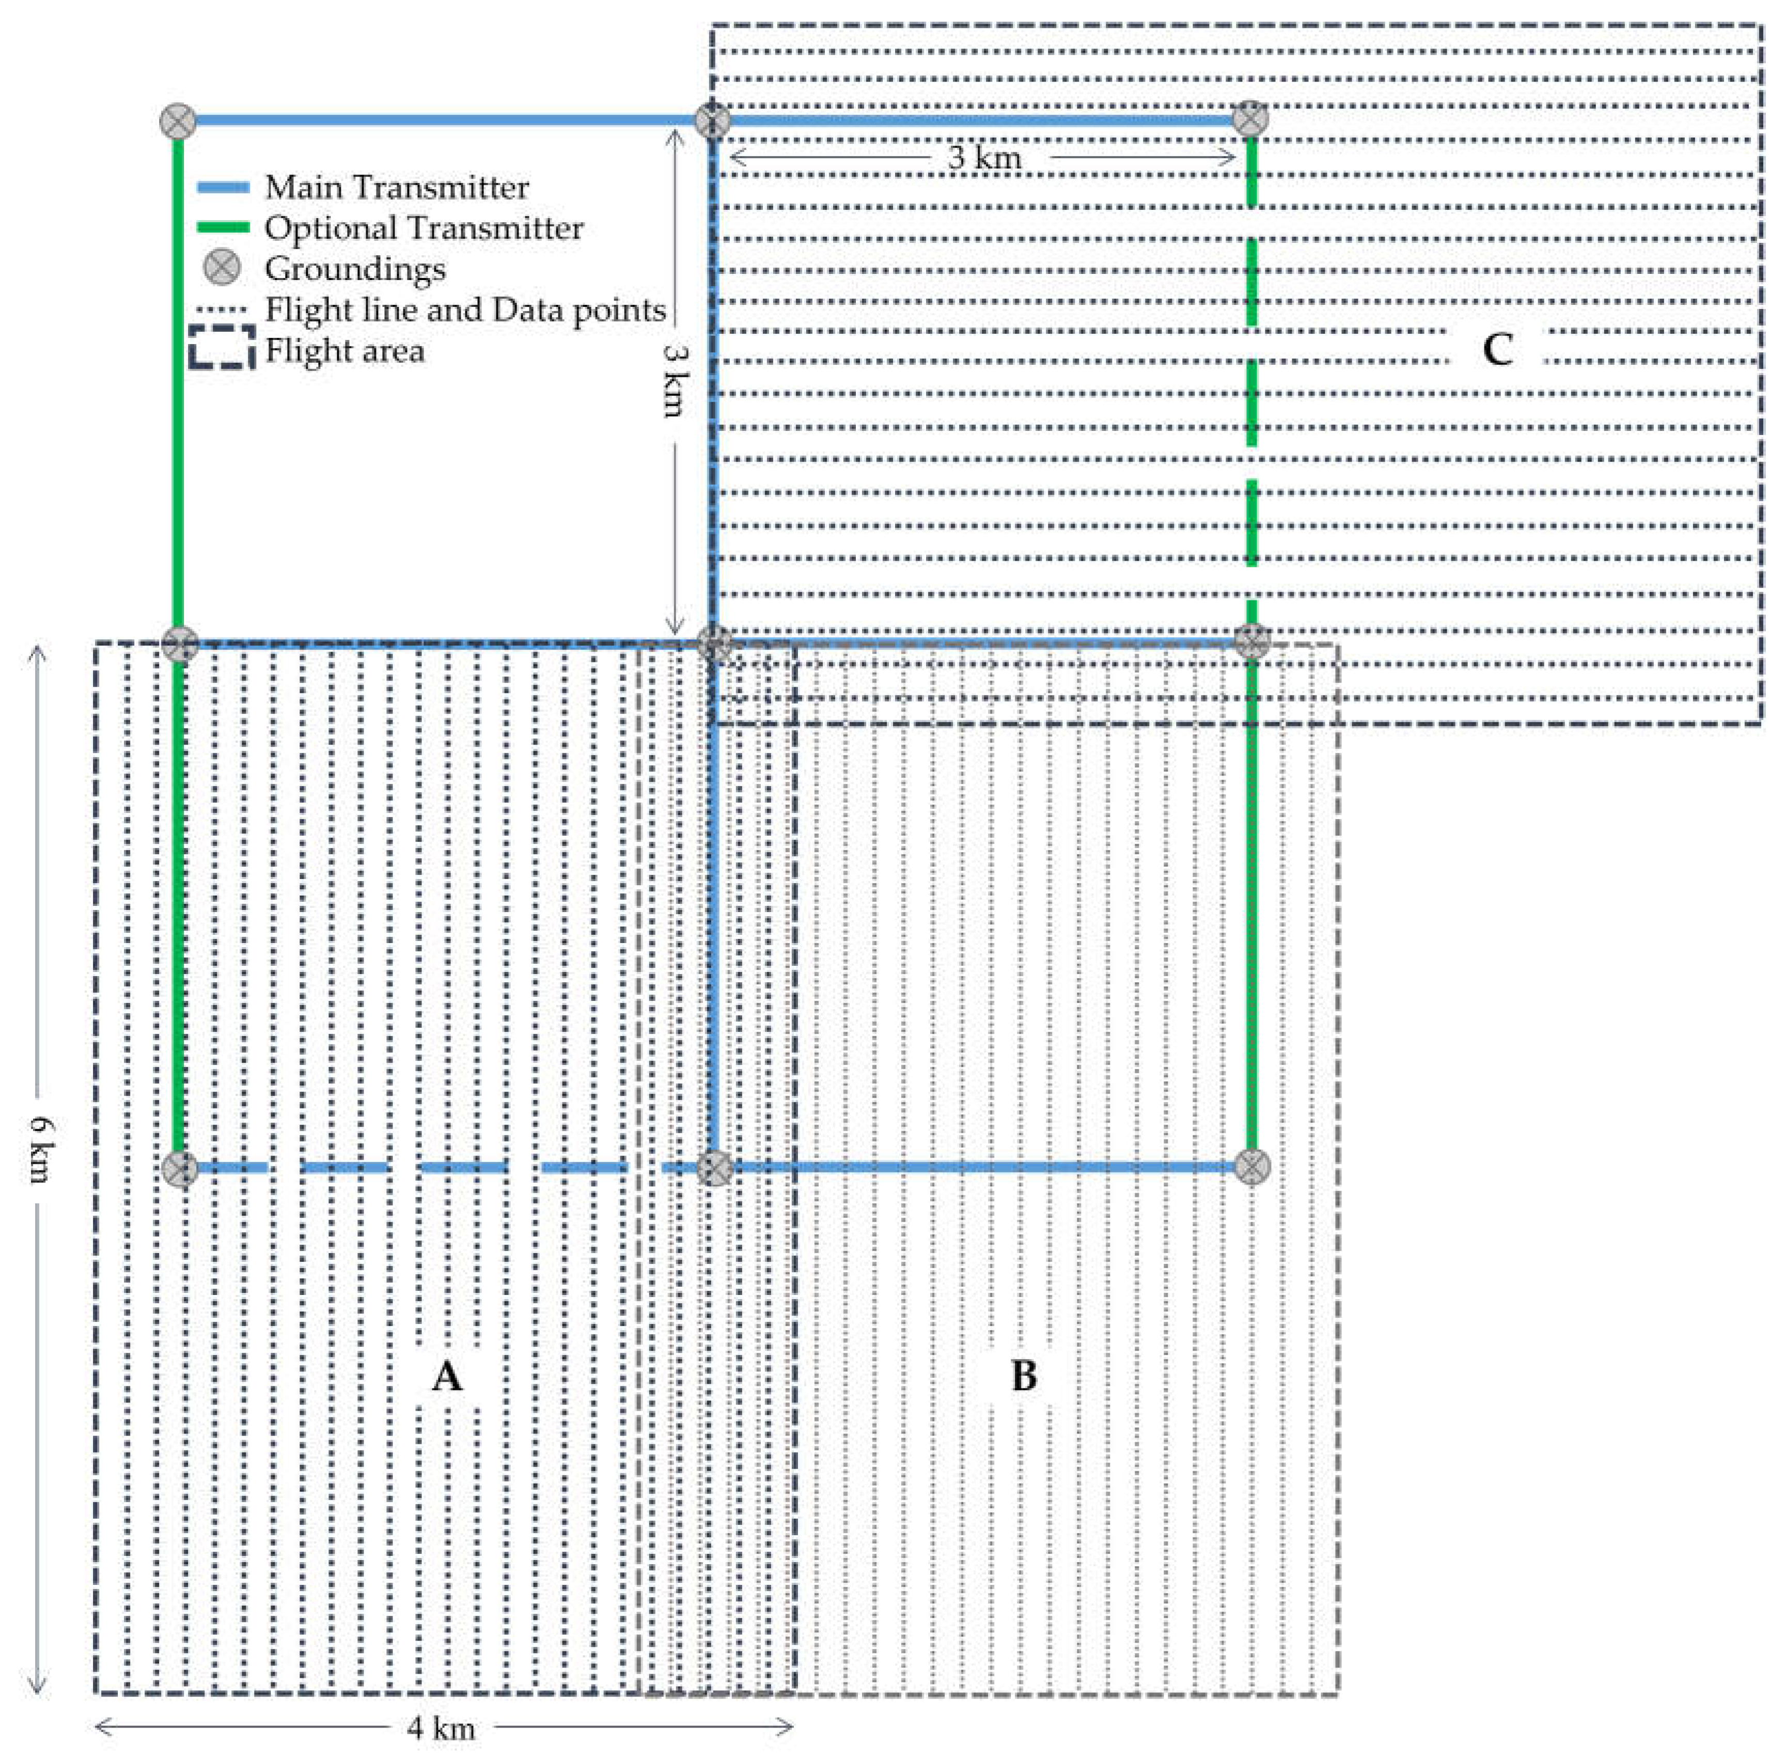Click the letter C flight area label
pos(1497,349)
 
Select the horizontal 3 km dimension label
pos(984,157)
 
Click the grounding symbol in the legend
pos(222,268)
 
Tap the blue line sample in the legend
pos(224,188)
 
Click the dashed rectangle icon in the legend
pos(222,347)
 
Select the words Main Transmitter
pos(397,188)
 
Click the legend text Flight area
pos(345,351)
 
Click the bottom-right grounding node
pos(1251,1167)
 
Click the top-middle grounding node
pos(712,120)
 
